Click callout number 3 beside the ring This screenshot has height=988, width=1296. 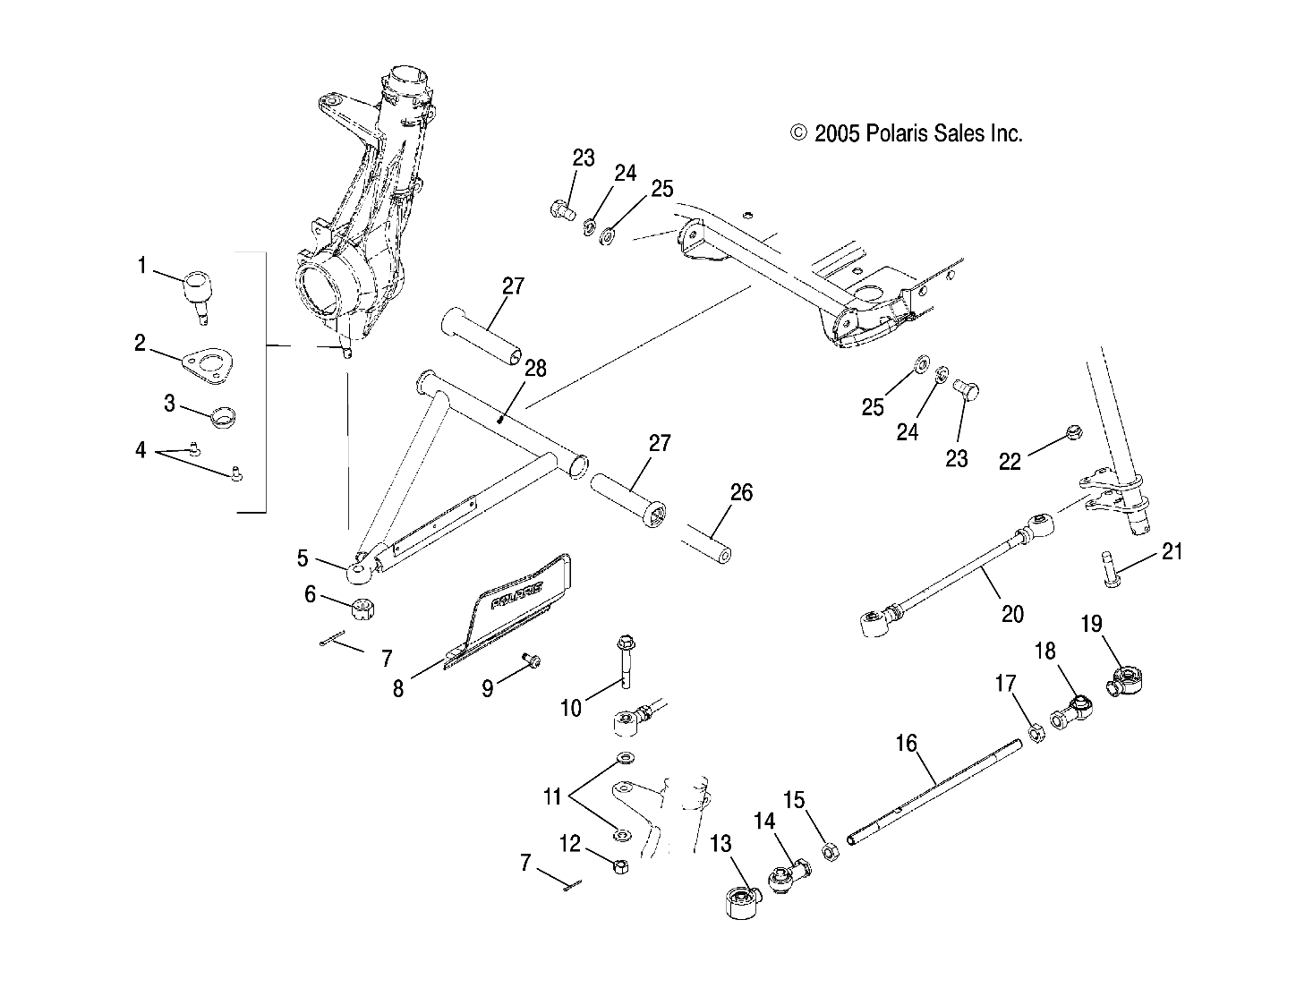(169, 403)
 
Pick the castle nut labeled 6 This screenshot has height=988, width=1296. (365, 610)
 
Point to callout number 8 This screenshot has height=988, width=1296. (398, 687)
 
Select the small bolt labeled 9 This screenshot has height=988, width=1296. (532, 660)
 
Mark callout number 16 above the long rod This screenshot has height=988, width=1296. (906, 744)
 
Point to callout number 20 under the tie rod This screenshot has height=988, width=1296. (1012, 614)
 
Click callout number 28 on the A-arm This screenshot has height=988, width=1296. (536, 369)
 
